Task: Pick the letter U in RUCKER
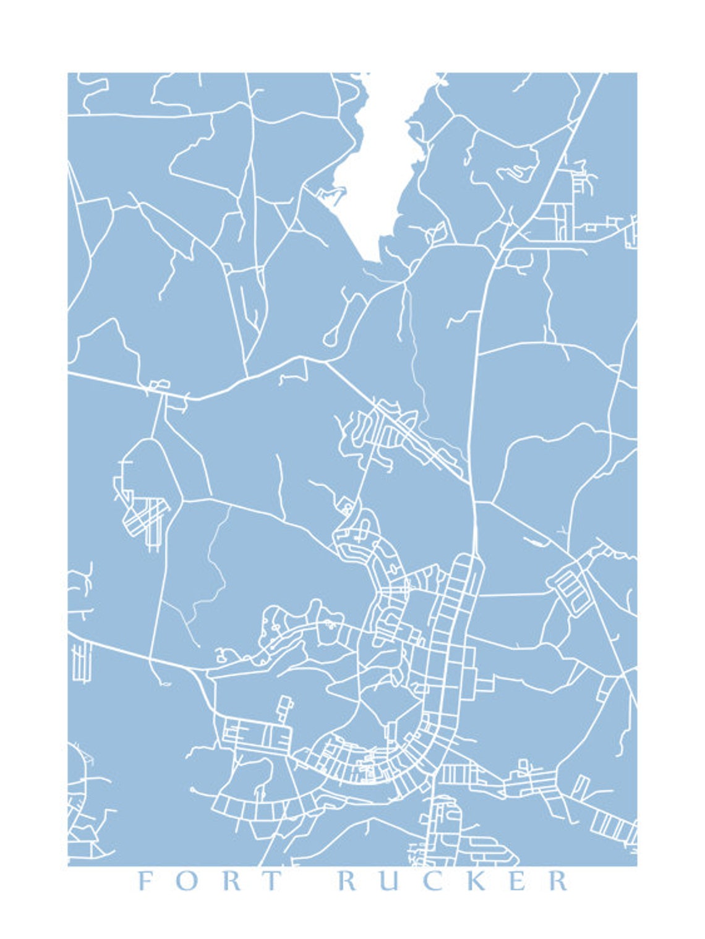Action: click(x=390, y=880)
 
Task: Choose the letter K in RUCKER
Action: click(x=474, y=880)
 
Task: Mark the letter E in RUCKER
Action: click(x=517, y=880)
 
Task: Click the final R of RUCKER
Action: click(x=558, y=880)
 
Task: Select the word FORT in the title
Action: click(x=208, y=880)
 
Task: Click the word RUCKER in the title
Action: click(x=453, y=880)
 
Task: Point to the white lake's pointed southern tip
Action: click(x=371, y=260)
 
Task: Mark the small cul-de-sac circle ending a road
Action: click(x=193, y=790)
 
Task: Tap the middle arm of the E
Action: click(x=516, y=880)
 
